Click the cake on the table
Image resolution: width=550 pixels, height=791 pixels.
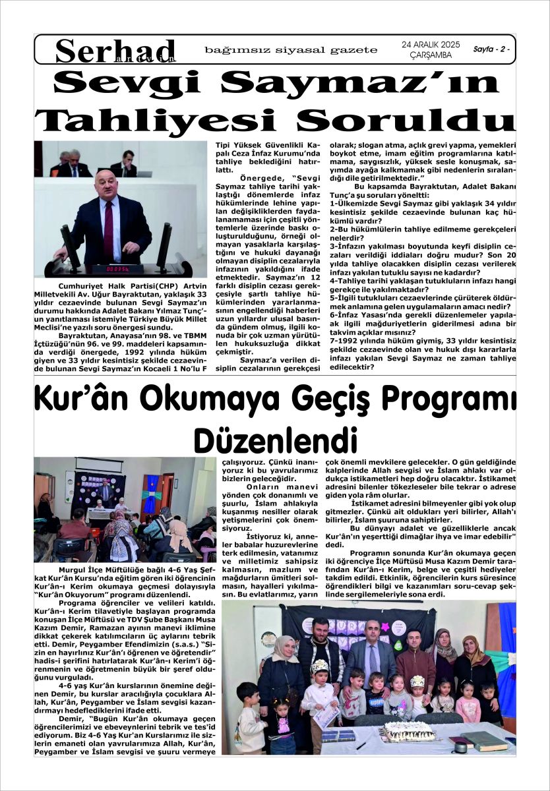410,730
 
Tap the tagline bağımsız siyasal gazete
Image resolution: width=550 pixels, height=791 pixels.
291,50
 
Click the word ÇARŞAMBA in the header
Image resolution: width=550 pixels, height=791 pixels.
430,55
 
